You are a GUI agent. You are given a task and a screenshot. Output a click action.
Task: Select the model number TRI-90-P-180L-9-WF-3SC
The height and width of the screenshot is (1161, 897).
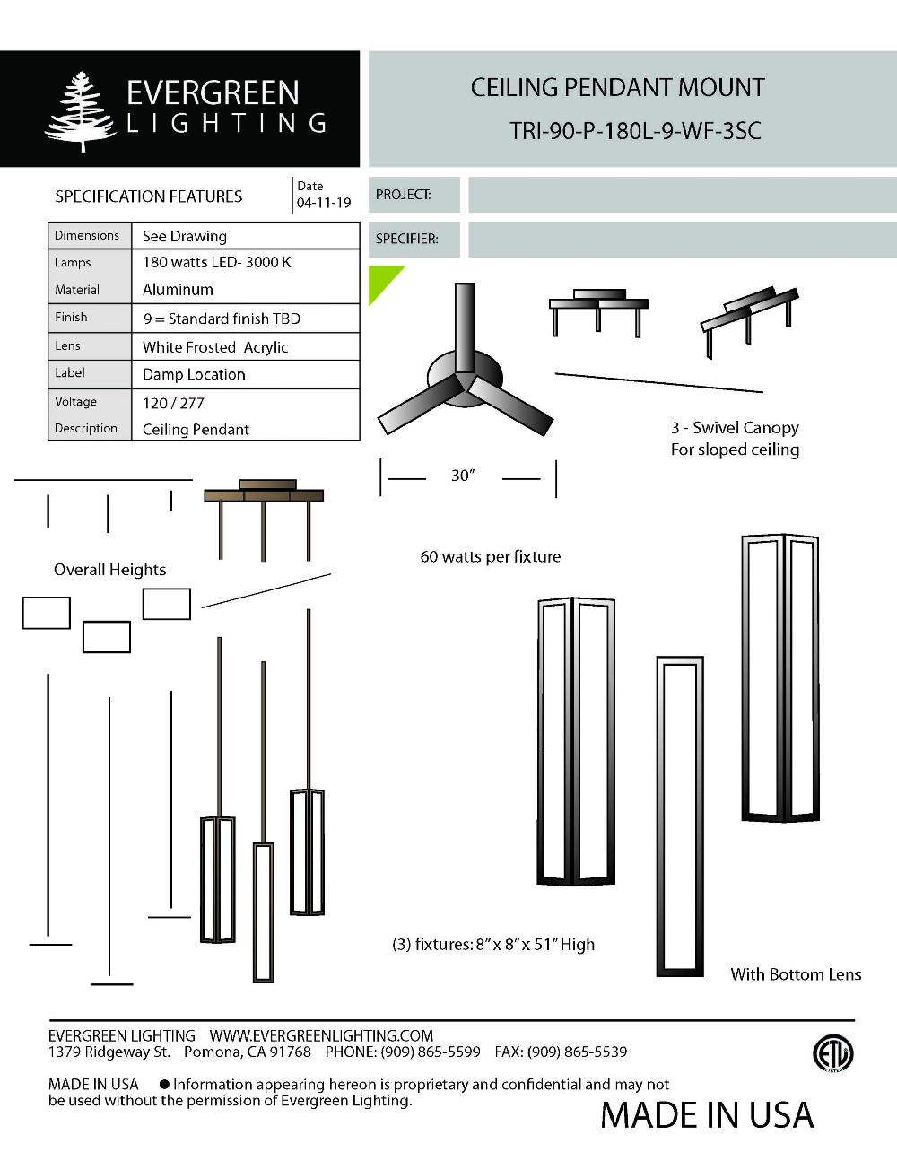click(635, 131)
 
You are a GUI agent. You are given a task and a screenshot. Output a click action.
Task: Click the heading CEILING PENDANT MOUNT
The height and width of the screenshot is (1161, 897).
click(617, 88)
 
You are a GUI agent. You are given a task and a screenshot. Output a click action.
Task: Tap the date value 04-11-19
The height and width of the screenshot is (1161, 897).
click(324, 204)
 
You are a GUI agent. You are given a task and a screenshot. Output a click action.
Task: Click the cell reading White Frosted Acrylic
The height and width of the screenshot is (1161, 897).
click(215, 347)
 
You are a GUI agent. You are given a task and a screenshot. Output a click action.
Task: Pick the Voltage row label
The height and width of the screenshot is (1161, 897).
click(75, 402)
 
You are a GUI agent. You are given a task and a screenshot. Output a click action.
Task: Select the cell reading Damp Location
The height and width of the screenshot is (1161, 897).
click(194, 375)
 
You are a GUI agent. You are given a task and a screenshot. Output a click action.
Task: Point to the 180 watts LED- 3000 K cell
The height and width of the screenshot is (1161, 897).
click(217, 263)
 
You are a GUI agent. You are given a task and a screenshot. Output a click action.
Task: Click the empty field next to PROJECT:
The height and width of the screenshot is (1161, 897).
click(682, 195)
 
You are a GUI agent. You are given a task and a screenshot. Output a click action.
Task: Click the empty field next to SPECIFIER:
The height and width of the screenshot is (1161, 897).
click(682, 240)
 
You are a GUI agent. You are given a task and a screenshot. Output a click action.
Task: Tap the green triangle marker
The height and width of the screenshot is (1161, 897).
click(381, 280)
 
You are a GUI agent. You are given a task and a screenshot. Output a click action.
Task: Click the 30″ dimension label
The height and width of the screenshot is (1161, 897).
click(462, 476)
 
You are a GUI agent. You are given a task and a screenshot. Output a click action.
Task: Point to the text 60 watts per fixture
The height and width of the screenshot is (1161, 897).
click(491, 557)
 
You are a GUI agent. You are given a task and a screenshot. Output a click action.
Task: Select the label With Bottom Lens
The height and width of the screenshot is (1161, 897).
click(796, 974)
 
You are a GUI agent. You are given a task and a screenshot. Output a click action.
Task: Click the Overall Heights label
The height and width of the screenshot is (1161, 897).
click(109, 570)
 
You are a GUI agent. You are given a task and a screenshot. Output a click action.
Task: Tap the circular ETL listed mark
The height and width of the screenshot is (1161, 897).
click(832, 1054)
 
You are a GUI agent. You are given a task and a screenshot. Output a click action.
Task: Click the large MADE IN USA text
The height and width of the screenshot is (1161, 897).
click(707, 1115)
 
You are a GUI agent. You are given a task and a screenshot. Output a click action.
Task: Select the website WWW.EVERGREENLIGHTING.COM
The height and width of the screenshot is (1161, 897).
click(321, 1036)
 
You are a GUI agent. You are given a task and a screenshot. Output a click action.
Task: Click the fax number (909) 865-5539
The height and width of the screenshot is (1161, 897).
click(577, 1052)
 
